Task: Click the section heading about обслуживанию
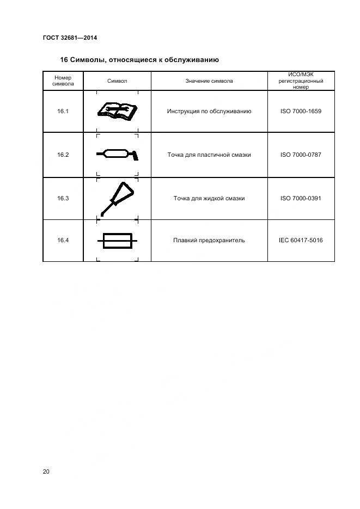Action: [x=139, y=59]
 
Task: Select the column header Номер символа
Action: [x=63, y=81]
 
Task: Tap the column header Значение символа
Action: [x=209, y=81]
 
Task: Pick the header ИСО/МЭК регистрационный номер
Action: [x=301, y=81]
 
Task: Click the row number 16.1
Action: [x=63, y=111]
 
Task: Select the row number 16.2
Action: [x=63, y=155]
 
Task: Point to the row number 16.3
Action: [x=63, y=198]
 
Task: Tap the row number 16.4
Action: [x=63, y=240]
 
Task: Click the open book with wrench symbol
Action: [x=117, y=111]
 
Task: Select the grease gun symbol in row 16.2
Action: [x=117, y=155]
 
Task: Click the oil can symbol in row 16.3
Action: [x=117, y=198]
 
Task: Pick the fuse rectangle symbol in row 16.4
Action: [x=117, y=240]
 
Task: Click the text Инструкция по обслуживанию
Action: [x=209, y=111]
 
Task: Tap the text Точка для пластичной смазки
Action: [x=209, y=155]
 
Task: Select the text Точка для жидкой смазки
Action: [x=209, y=198]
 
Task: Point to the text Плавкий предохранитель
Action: [x=209, y=240]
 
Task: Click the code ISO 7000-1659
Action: [x=301, y=111]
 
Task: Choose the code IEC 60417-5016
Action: [x=301, y=240]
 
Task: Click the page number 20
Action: [x=46, y=471]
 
